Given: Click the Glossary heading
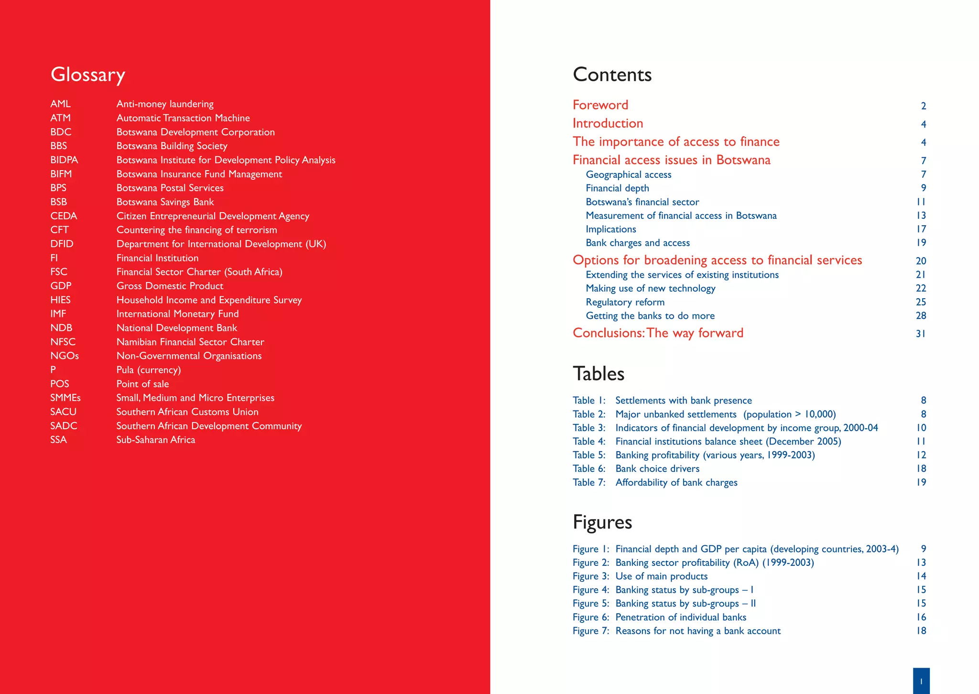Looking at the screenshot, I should click(88, 75).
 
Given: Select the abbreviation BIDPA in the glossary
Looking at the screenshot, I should click(64, 160).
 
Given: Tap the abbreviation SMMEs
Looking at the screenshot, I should click(65, 398).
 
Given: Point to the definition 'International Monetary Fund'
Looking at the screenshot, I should click(177, 314).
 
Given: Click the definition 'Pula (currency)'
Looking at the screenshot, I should click(149, 370).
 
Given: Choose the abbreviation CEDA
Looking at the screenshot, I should click(64, 216).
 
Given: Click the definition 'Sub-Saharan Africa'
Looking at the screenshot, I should click(156, 440).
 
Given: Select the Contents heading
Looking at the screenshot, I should click(612, 75).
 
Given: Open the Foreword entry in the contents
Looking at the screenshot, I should click(600, 105).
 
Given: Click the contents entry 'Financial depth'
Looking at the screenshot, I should click(617, 188).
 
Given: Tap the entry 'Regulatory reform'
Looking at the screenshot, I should click(625, 302).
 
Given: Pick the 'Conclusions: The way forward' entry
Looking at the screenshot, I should click(658, 333).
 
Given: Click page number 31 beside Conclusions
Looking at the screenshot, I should click(921, 334).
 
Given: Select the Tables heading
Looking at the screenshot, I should click(598, 374).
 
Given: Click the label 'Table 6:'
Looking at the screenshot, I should click(589, 469).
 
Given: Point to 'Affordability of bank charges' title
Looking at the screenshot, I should click(676, 483).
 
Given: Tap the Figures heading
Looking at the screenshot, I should click(602, 522).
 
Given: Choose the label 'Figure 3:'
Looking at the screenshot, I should click(591, 576).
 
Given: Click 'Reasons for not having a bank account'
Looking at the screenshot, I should click(698, 631).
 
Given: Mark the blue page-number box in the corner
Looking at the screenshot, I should click(921, 681).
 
